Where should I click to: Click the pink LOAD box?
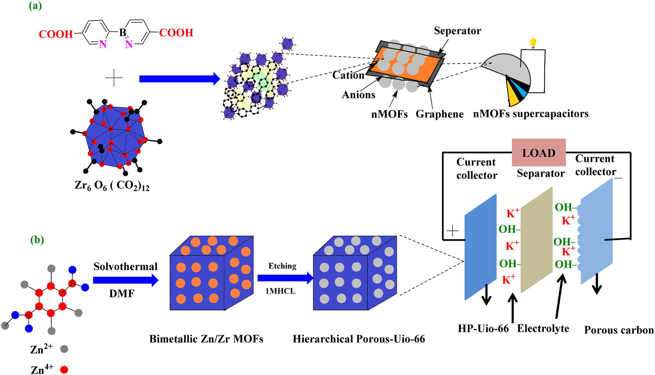[x=539, y=153]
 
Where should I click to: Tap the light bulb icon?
[x=533, y=43]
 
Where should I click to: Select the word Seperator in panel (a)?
[x=457, y=31]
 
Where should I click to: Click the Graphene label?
[x=439, y=114]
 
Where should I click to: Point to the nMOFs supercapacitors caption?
[x=531, y=114]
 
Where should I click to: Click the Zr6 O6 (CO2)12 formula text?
[x=112, y=186]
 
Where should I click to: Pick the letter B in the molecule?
[x=123, y=33]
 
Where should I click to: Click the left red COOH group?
[x=56, y=34]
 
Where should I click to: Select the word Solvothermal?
[x=125, y=266]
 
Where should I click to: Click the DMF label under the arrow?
[x=122, y=293]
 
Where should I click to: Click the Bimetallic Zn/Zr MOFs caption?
[x=206, y=339]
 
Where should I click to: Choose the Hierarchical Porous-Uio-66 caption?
[x=359, y=339]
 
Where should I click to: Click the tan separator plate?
[x=536, y=240]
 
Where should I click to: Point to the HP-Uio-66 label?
[x=483, y=329]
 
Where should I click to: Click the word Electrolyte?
[x=543, y=329]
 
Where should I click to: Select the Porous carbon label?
[x=619, y=330]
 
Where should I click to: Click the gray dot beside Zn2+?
[x=64, y=349]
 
